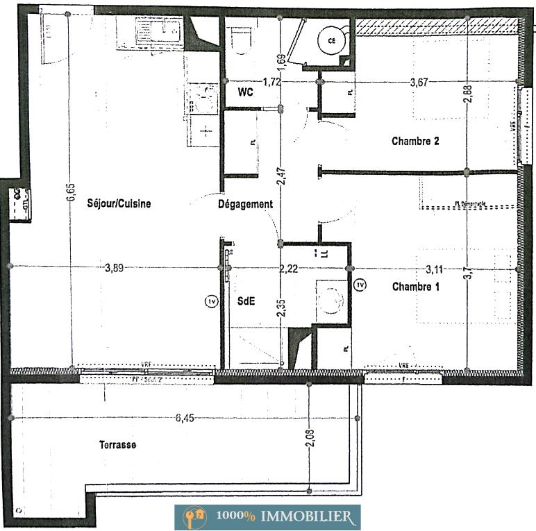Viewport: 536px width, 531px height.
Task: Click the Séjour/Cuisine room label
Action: coord(119,204)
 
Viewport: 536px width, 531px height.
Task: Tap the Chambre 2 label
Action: coord(415,142)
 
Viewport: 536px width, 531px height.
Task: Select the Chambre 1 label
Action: coord(415,287)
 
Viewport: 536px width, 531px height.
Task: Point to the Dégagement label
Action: coord(245,205)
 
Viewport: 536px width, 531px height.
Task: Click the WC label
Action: coord(244,92)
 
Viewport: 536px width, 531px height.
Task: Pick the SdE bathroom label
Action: coord(246,301)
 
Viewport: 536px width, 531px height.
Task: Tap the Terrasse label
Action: coord(117,445)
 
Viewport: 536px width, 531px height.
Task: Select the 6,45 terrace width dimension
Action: coord(185,418)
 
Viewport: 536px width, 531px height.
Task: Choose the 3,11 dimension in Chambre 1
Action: coord(434,269)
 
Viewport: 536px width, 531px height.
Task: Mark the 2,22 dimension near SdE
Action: coord(288,269)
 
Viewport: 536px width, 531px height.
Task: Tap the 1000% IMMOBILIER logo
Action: coord(267,517)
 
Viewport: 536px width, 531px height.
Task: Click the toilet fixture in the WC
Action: coord(242,41)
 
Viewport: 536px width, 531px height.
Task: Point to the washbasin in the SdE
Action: coord(332,301)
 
